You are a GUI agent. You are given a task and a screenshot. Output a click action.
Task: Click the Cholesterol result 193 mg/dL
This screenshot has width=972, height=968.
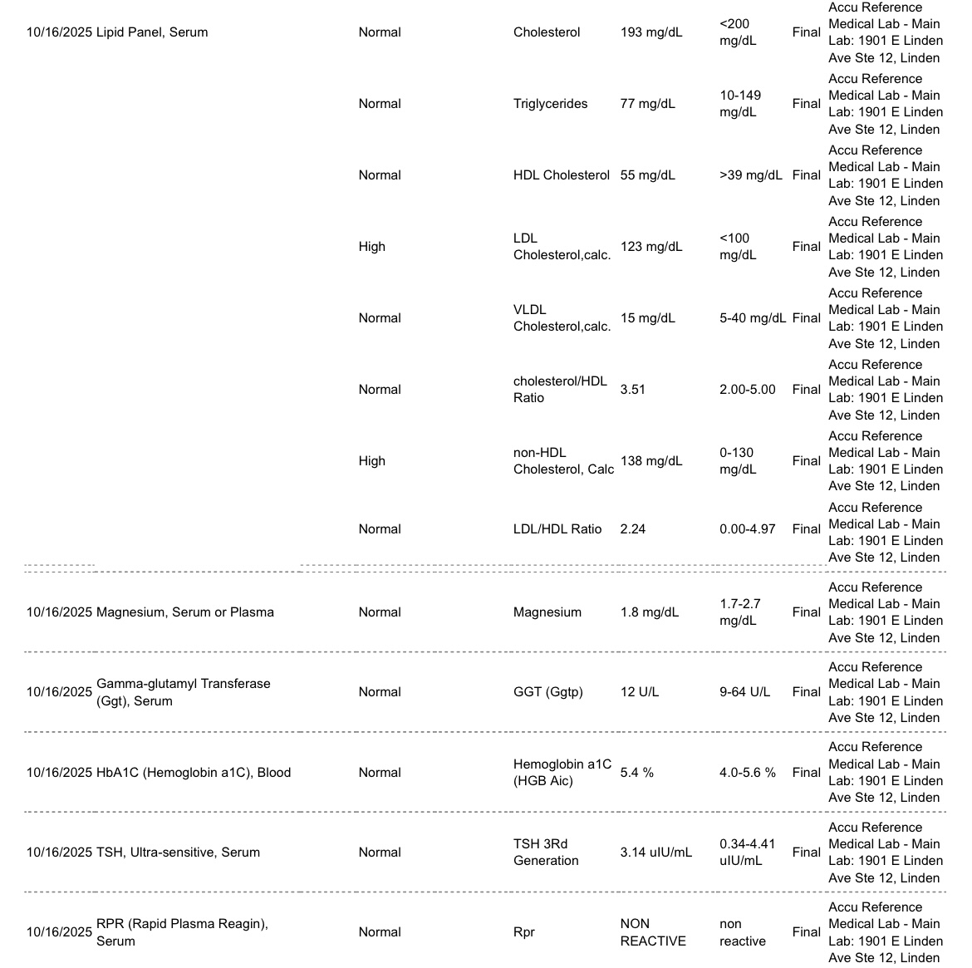click(x=650, y=32)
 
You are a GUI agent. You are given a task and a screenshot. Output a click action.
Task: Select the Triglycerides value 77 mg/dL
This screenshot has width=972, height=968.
click(x=647, y=104)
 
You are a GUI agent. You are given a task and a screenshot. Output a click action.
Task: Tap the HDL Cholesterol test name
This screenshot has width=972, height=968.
click(x=561, y=175)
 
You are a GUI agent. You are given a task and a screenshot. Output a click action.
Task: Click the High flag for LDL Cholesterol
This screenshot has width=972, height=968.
click(x=371, y=247)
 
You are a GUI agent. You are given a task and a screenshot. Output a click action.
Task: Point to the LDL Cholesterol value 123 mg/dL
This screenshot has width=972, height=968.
click(x=650, y=247)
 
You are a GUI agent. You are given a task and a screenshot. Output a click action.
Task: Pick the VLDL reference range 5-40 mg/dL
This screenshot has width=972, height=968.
click(x=752, y=318)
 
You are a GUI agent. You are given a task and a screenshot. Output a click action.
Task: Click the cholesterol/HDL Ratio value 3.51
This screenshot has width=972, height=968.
click(x=632, y=390)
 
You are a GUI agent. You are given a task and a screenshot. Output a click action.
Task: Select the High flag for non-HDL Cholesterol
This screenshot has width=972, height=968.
click(x=371, y=461)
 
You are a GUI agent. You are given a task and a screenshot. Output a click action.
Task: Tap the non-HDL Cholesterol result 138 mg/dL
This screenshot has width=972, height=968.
click(x=650, y=461)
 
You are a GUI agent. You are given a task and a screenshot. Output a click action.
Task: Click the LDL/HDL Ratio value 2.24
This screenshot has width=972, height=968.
click(x=632, y=529)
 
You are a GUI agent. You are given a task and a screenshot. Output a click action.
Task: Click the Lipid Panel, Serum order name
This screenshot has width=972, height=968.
click(x=152, y=32)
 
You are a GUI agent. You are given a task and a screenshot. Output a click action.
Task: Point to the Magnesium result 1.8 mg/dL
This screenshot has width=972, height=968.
click(x=649, y=612)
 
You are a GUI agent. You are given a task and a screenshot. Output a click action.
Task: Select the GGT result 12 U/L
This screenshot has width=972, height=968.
click(x=639, y=692)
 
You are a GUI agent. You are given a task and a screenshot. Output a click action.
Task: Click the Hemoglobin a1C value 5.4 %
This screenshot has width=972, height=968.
click(x=636, y=773)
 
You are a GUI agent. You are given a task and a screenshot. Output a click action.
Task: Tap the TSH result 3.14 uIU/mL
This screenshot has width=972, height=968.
click(x=655, y=853)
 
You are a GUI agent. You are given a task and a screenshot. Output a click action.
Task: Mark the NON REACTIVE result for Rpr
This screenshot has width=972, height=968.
click(x=652, y=932)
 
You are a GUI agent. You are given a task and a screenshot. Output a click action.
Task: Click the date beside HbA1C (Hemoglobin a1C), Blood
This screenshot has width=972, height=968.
click(x=59, y=773)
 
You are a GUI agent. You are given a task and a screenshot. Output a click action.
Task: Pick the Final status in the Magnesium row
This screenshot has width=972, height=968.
click(x=806, y=612)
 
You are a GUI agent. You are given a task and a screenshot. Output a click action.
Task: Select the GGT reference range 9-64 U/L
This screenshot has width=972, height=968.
click(x=744, y=692)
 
